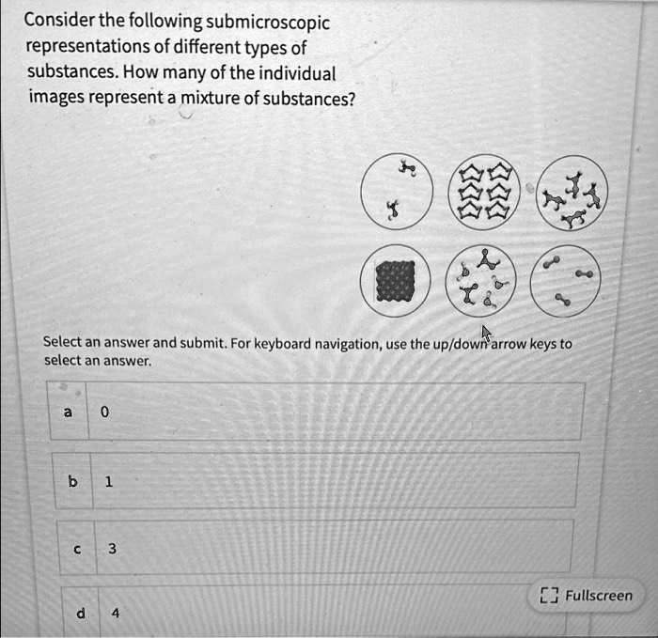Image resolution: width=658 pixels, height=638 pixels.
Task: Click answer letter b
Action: [x=71, y=480]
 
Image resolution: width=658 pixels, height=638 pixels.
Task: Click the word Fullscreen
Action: [x=599, y=595]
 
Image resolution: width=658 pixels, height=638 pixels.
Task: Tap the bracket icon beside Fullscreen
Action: [x=550, y=595]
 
